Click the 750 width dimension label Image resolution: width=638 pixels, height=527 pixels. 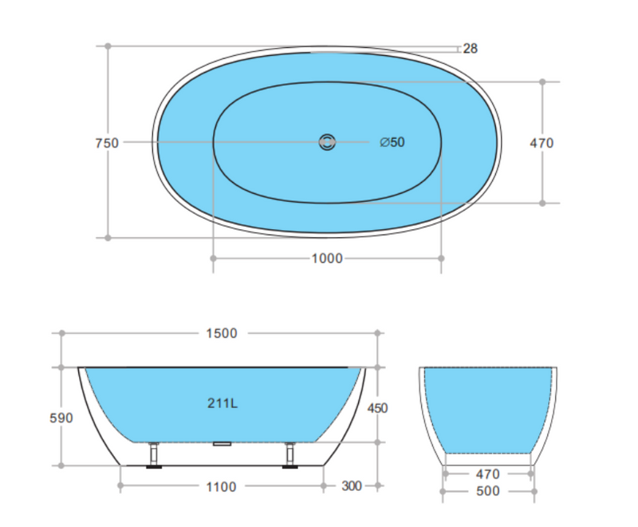(107, 143)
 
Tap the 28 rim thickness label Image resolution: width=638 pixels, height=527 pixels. (470, 49)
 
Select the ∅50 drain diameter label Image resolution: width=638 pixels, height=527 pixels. (392, 142)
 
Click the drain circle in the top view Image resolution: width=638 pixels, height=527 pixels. (327, 142)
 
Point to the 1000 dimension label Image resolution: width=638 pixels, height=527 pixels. (327, 258)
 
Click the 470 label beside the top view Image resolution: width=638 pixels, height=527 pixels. (542, 143)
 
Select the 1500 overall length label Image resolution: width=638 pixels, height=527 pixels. (222, 333)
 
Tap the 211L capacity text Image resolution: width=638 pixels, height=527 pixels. (223, 402)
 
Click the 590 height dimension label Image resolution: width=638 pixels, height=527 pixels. (61, 418)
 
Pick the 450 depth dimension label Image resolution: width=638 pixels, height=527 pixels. (377, 408)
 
